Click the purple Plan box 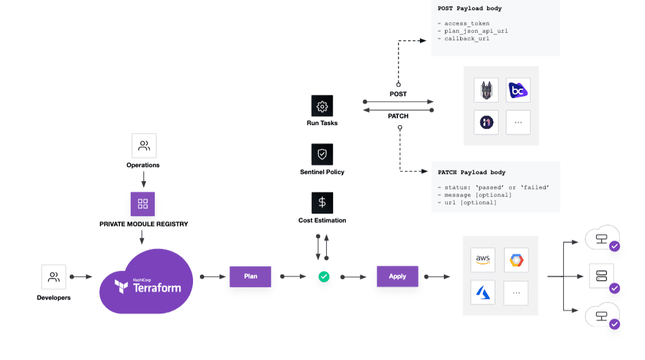click(250, 276)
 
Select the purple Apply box click(397, 276)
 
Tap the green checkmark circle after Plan click(324, 276)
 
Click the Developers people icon click(54, 277)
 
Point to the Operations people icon click(144, 146)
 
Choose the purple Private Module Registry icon click(143, 204)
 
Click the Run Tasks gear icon click(322, 106)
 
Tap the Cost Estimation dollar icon click(322, 203)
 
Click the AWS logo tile click(483, 259)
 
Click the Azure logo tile click(483, 293)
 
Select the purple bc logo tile click(518, 90)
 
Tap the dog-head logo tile click(486, 90)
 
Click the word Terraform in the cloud click(157, 288)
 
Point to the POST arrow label click(398, 94)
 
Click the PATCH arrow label click(398, 116)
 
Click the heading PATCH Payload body click(471, 172)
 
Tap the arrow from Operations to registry click(143, 180)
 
